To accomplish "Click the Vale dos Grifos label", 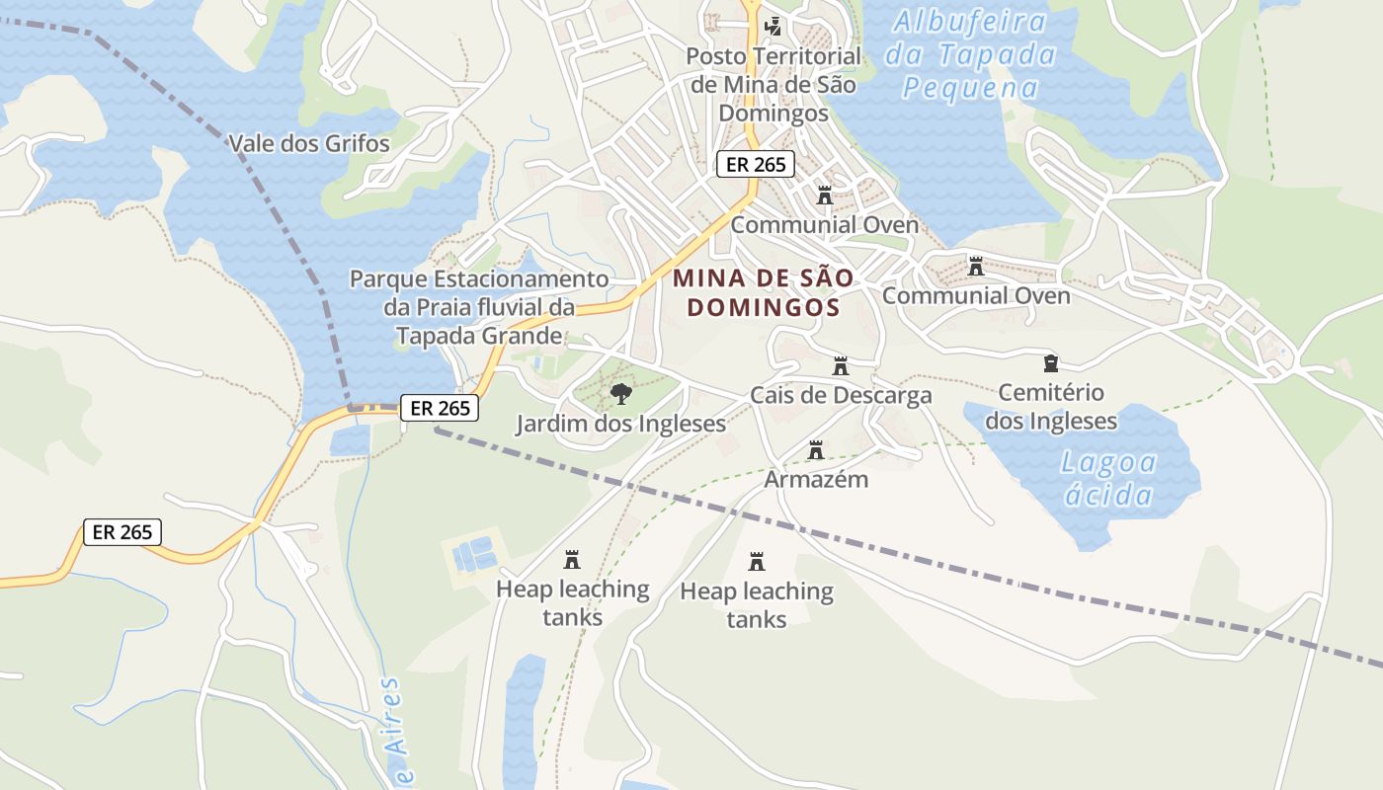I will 309,144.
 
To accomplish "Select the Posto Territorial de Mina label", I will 773,85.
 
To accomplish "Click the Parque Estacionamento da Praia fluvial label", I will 479,293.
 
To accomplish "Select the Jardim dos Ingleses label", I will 620,425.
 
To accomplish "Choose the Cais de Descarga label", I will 841,396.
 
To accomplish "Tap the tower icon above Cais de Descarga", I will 841,366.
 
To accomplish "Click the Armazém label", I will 816,480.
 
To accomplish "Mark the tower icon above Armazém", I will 816,450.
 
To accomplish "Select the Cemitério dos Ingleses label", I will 1051,407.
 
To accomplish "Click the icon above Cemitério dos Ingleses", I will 1051,363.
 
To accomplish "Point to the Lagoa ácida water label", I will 1108,478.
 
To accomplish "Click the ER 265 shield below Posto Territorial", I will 756,165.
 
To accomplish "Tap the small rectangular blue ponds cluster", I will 473,555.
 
